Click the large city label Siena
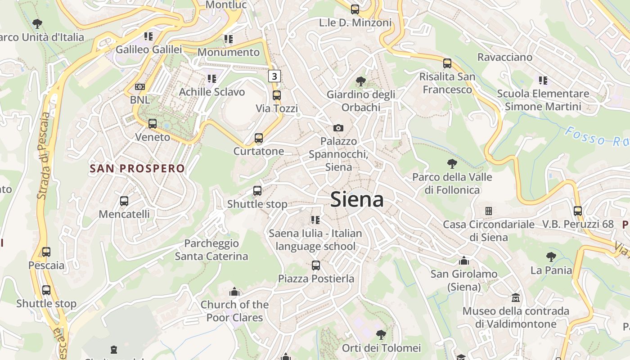pyautogui.click(x=357, y=199)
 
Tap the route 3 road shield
pyautogui.click(x=274, y=76)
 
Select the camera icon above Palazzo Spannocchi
pyautogui.click(x=338, y=128)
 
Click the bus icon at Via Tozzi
pyautogui.click(x=277, y=95)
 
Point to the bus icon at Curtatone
pyautogui.click(x=259, y=138)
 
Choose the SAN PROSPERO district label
pyautogui.click(x=137, y=169)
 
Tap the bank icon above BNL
pyautogui.click(x=140, y=87)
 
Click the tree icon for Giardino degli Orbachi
pyautogui.click(x=360, y=81)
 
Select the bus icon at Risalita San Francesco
pyautogui.click(x=447, y=63)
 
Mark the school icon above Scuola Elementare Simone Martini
pyautogui.click(x=543, y=81)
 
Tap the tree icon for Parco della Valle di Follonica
pyautogui.click(x=452, y=164)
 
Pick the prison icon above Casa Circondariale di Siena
pyautogui.click(x=489, y=211)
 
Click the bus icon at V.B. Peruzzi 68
pyautogui.click(x=578, y=211)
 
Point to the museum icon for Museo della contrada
pyautogui.click(x=516, y=298)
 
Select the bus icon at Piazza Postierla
pyautogui.click(x=316, y=265)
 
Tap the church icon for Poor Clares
pyautogui.click(x=234, y=292)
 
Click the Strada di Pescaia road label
pyautogui.click(x=44, y=155)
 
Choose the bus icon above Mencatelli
pyautogui.click(x=124, y=201)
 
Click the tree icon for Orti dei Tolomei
pyautogui.click(x=381, y=335)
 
